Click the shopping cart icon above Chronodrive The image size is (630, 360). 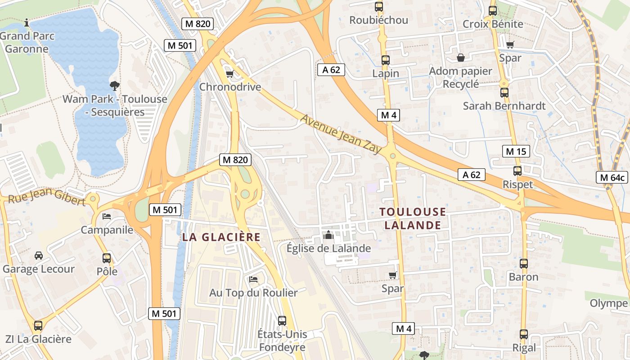[229, 74]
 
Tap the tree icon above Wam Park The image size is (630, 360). [114, 85]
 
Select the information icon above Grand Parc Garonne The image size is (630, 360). [27, 22]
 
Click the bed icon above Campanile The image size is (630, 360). [107, 216]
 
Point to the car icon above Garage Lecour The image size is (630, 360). [39, 256]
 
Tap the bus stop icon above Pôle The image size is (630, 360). [107, 258]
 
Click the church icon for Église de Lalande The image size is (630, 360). [328, 235]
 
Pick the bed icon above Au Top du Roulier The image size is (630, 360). [253, 279]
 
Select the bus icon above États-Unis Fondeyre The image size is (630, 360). [282, 321]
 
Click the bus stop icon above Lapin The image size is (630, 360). [386, 60]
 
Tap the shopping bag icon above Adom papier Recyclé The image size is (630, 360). [461, 58]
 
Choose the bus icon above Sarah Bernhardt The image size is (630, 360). [504, 93]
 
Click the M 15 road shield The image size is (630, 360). [516, 152]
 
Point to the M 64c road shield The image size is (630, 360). [612, 178]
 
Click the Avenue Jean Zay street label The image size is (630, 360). [341, 134]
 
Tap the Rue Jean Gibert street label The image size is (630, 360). [47, 197]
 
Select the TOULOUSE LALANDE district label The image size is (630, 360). [413, 218]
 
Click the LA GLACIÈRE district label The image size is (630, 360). [221, 237]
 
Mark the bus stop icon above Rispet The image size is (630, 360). [517, 171]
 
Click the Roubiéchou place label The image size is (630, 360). [379, 20]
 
